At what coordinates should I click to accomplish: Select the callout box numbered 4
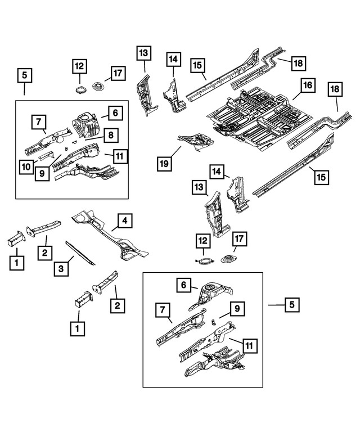click(x=125, y=220)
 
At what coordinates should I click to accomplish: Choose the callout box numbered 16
click(x=307, y=86)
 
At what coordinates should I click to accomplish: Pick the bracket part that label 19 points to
click(x=194, y=137)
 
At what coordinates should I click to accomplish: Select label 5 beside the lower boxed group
click(x=291, y=305)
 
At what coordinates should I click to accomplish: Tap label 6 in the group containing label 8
click(x=114, y=113)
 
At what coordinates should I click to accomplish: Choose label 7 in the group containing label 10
click(x=39, y=121)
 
